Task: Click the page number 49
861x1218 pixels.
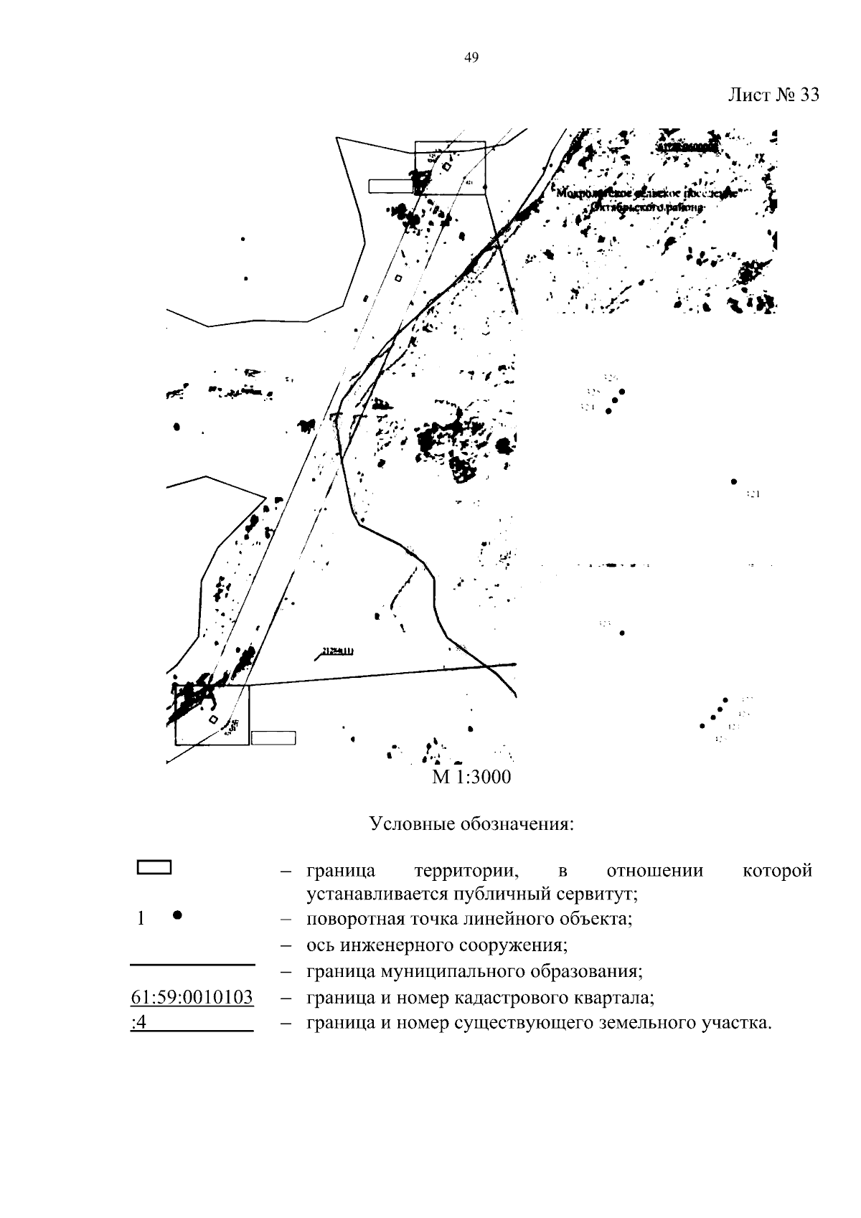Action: tap(471, 58)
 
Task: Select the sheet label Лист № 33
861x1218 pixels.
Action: tap(773, 95)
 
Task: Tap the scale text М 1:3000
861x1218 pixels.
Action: tap(471, 777)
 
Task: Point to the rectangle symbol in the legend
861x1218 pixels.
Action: tap(154, 867)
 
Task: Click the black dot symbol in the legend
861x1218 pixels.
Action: tap(177, 915)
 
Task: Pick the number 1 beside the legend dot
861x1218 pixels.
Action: tap(141, 918)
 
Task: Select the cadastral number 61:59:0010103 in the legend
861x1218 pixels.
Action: tap(192, 998)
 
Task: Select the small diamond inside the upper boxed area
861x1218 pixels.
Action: tap(446, 167)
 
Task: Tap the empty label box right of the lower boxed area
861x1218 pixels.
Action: tap(273, 737)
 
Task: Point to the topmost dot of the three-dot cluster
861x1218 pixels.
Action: tap(622, 392)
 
